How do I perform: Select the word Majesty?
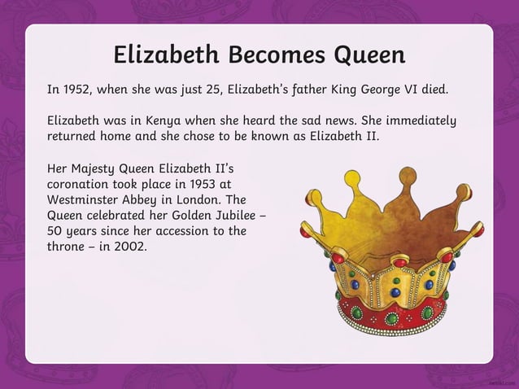coord(98,169)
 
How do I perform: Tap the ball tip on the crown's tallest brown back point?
coord(406,172)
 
